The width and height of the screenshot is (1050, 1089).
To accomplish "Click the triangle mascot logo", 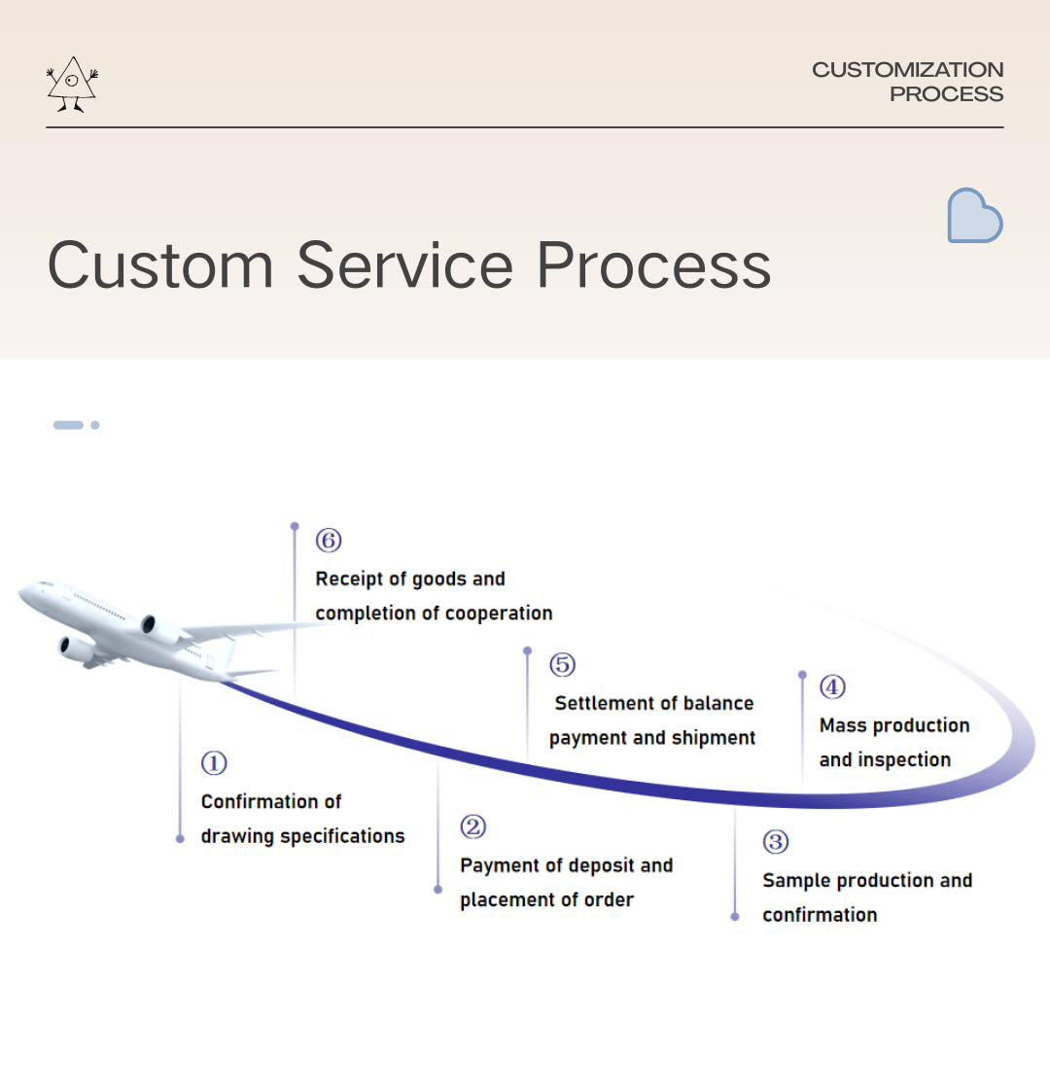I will (x=72, y=85).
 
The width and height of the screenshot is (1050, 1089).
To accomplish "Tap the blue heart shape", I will (x=974, y=216).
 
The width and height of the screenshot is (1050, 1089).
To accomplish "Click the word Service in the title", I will (x=404, y=264).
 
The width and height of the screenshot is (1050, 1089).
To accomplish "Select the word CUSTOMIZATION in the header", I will (x=907, y=70).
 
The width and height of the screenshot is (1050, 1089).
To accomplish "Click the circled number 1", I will (x=214, y=763).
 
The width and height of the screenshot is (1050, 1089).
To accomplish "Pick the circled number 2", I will (x=472, y=827).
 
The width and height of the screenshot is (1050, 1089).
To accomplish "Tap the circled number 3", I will (x=775, y=842).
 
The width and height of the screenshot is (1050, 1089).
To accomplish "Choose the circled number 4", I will (x=832, y=687).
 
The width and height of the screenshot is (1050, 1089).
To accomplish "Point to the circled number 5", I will (x=562, y=665).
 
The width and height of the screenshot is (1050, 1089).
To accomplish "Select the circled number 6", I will (x=329, y=541).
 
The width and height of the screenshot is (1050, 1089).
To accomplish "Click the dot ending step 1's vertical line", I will (x=180, y=838).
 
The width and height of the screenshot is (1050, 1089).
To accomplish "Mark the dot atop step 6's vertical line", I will (x=295, y=526).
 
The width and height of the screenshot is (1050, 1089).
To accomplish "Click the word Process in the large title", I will (x=653, y=264).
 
